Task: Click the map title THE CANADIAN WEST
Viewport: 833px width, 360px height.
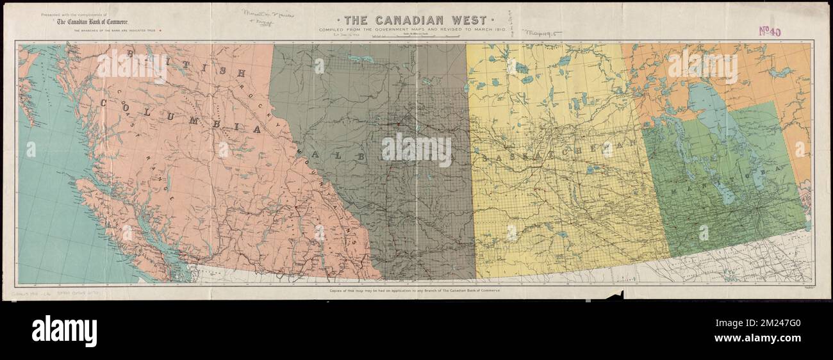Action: [x=416, y=20]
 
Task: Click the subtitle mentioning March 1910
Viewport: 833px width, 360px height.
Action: [x=416, y=29]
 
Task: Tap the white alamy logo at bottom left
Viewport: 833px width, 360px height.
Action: [x=64, y=331]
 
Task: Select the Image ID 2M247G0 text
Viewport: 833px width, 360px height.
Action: [x=766, y=322]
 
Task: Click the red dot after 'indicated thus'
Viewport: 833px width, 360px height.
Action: [x=169, y=30]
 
